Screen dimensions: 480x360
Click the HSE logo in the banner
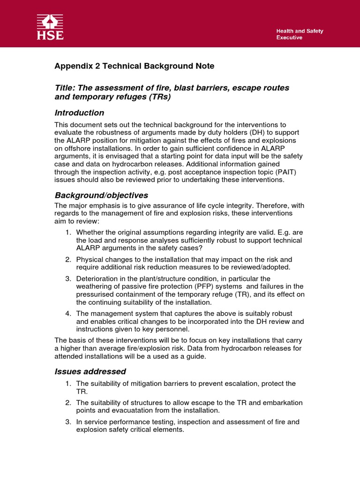[x=50, y=27]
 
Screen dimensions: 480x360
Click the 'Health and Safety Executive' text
[x=299, y=34]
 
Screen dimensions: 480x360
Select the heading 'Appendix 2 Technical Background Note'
[x=135, y=66]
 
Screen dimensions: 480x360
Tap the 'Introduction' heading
[x=79, y=113]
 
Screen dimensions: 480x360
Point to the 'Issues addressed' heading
[x=90, y=372]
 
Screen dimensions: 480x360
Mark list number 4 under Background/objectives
[x=67, y=313]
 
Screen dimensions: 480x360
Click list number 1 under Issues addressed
[x=67, y=383]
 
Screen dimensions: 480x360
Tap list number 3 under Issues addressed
[x=67, y=422]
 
